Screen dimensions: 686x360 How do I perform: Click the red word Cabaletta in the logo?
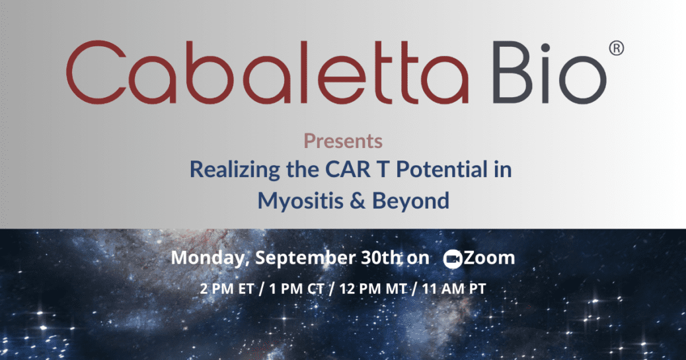[267, 72]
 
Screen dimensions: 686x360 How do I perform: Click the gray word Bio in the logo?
[549, 72]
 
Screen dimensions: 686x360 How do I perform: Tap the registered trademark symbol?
[617, 48]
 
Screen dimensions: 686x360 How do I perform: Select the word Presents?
[343, 141]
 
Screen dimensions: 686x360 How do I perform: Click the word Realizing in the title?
[235, 169]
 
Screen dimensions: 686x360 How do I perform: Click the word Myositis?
[300, 201]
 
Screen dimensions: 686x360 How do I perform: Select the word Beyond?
[411, 201]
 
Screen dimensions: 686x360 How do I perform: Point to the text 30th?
[381, 257]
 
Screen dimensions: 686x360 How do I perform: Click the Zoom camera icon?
[452, 259]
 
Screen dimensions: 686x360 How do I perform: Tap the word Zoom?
[489, 258]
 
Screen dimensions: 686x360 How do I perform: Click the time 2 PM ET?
[227, 289]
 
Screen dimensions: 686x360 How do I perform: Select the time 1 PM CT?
[297, 289]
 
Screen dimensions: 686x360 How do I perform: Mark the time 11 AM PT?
[453, 289]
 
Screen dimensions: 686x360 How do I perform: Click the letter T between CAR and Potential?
[383, 170]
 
